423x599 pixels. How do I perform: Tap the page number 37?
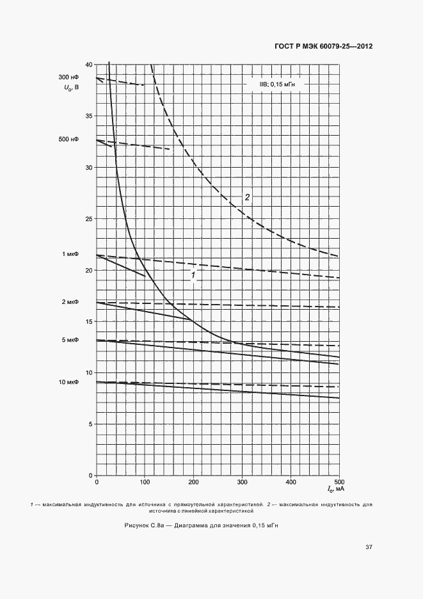(369, 547)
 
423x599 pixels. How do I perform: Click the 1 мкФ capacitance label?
(70, 254)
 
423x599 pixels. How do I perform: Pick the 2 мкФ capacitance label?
(70, 301)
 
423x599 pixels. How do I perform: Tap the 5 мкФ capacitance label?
(70, 340)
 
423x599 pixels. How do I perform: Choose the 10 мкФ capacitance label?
(69, 382)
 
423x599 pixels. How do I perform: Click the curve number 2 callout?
(247, 196)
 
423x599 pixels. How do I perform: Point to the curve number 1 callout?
(193, 276)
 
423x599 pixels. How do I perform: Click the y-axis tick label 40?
(88, 65)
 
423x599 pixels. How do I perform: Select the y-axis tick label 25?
(88, 219)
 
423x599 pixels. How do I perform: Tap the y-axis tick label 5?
(90, 424)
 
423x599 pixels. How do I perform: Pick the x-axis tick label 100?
(145, 482)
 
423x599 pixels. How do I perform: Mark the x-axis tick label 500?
(339, 482)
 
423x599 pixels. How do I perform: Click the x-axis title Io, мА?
(336, 490)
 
